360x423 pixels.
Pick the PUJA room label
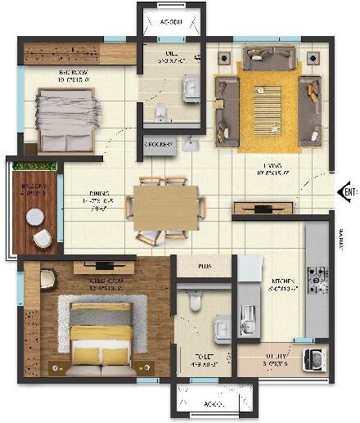205,267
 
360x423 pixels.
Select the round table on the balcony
34,218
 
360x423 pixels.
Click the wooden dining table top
166,205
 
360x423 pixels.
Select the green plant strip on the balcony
34,168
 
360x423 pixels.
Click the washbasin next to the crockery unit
191,145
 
